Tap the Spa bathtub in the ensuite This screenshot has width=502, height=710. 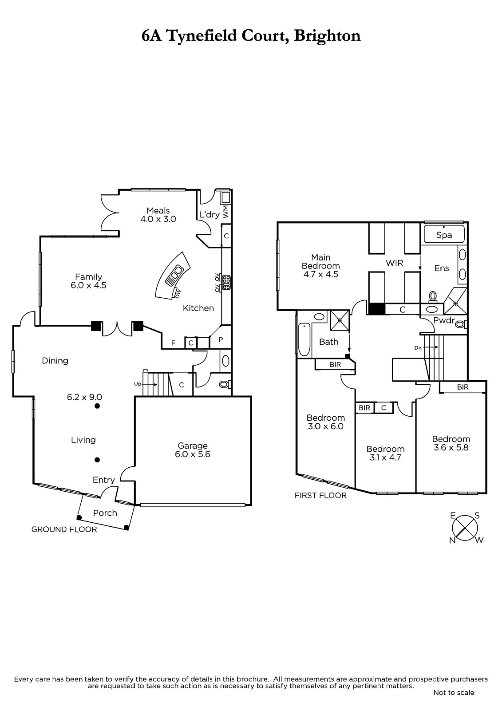(x=444, y=234)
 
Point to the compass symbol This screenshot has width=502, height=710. (x=465, y=528)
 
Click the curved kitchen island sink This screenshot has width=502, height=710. (x=174, y=275)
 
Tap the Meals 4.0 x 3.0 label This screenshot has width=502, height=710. (x=158, y=215)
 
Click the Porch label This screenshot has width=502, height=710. (x=105, y=513)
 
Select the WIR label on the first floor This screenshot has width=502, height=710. (x=394, y=263)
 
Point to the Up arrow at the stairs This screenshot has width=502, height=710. (x=151, y=384)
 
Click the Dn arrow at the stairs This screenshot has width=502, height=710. (x=431, y=347)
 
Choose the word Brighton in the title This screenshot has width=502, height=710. (x=327, y=36)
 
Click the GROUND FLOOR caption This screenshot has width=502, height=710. (x=64, y=529)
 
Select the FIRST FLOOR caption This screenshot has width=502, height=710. (x=320, y=495)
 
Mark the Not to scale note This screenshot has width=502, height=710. (x=454, y=693)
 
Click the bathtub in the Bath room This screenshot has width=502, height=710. (x=304, y=339)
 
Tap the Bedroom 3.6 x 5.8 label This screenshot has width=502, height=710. (x=451, y=443)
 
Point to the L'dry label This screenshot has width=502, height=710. (x=209, y=215)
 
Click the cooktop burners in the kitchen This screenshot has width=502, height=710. (x=226, y=282)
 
